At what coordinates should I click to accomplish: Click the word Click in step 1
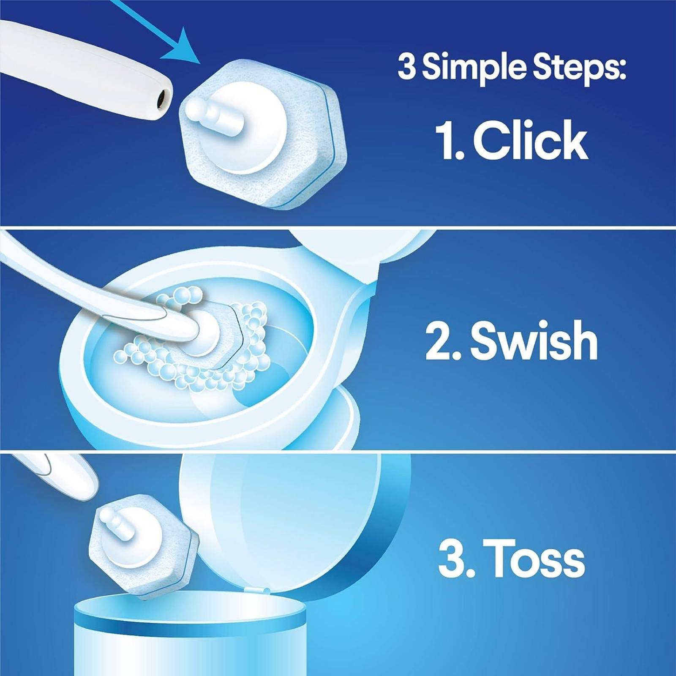tap(530, 139)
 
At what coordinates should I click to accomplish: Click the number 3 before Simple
tap(406, 68)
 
